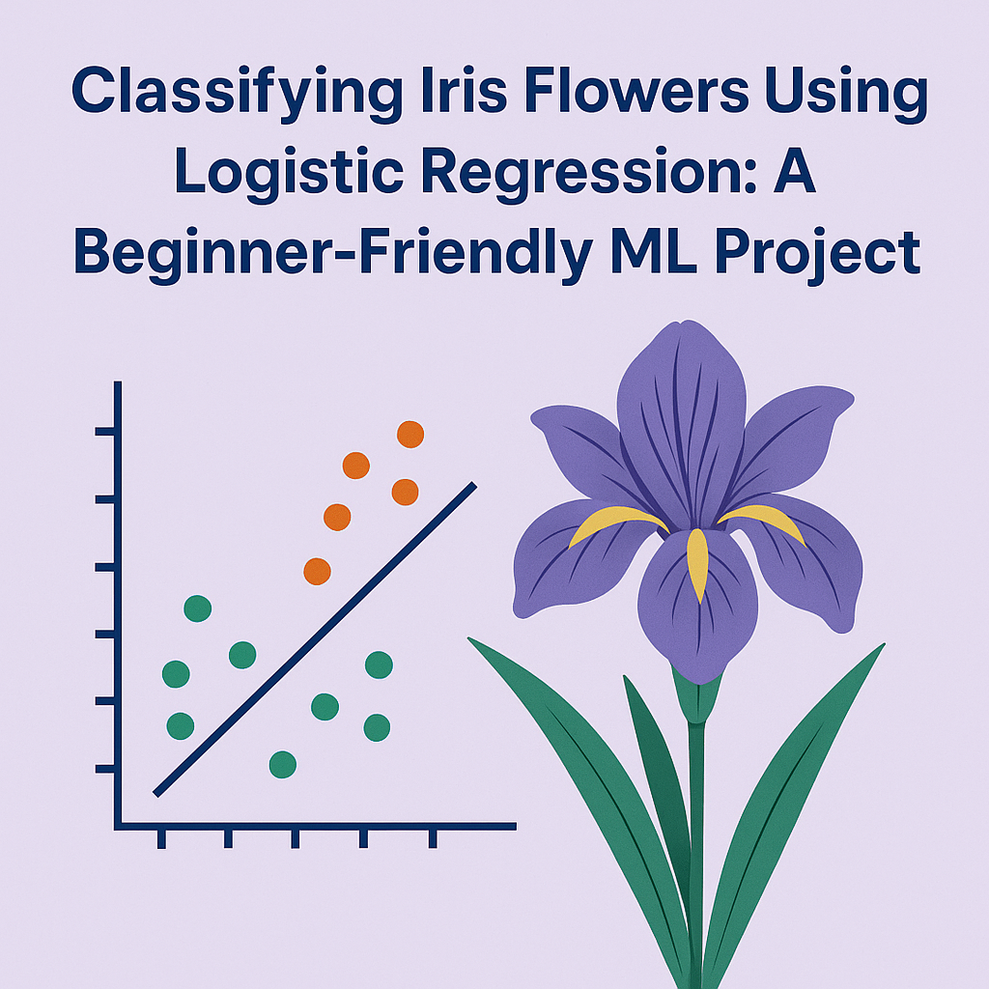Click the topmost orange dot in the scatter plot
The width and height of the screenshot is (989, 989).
(x=410, y=435)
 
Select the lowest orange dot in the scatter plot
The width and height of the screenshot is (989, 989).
(x=317, y=571)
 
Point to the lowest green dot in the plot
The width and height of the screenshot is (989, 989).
(x=282, y=765)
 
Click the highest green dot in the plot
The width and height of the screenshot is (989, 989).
(x=197, y=608)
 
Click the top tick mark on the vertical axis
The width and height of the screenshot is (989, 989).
(x=105, y=431)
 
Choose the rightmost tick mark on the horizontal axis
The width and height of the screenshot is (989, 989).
(x=432, y=836)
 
